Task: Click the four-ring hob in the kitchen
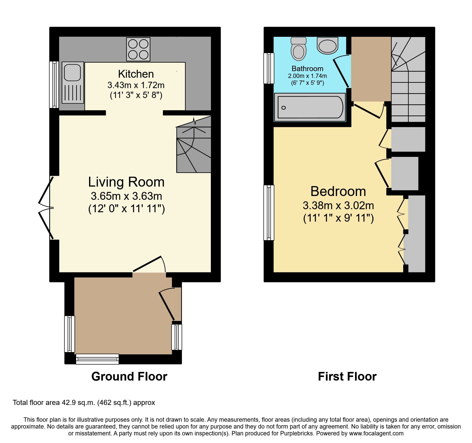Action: pyautogui.click(x=138, y=49)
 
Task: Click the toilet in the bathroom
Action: pyautogui.click(x=298, y=50)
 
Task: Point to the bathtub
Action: pyautogui.click(x=310, y=107)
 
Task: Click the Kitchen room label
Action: pyautogui.click(x=136, y=74)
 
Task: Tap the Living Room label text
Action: pyautogui.click(x=126, y=182)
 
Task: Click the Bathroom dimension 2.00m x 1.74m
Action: pyautogui.click(x=307, y=76)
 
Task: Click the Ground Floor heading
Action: pyautogui.click(x=129, y=376)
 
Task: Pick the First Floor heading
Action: pyautogui.click(x=347, y=376)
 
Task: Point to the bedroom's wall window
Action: pyautogui.click(x=269, y=212)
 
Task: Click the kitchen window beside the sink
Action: pyautogui.click(x=54, y=85)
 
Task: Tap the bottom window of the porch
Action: pyautogui.click(x=97, y=359)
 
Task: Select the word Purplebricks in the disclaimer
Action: pyautogui.click(x=296, y=433)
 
